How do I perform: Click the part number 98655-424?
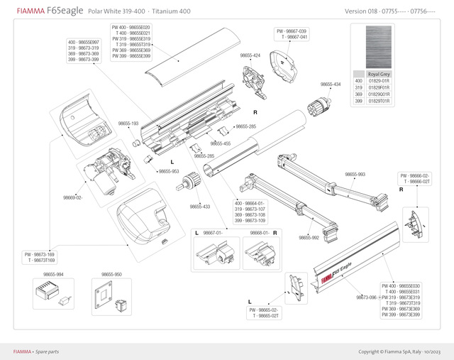point(250,55)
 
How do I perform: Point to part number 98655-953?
point(169,171)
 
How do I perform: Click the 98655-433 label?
point(200,207)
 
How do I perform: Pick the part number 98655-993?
point(355,174)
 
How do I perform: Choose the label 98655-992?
point(309,237)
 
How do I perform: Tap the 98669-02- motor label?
point(73,197)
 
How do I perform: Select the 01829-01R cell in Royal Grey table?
point(379,82)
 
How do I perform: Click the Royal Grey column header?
point(379,74)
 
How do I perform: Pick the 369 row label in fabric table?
point(359,95)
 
